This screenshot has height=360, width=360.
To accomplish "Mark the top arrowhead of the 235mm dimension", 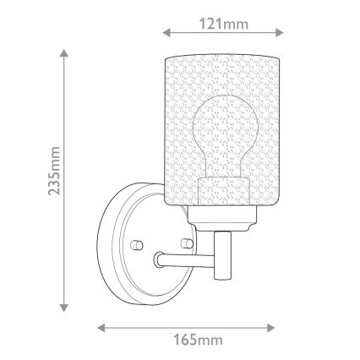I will (x=63, y=53).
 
